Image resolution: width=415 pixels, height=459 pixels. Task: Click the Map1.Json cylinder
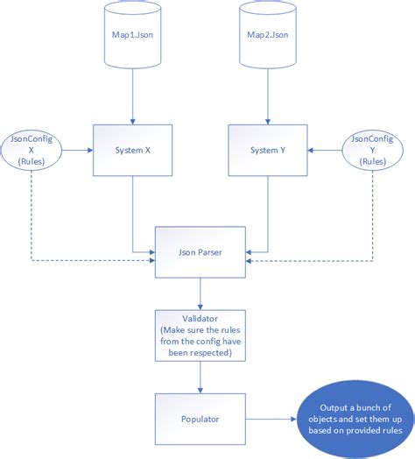click(132, 35)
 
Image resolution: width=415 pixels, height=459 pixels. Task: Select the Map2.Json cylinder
click(268, 35)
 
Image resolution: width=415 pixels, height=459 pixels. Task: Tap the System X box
click(132, 150)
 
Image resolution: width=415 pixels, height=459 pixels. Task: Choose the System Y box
click(268, 150)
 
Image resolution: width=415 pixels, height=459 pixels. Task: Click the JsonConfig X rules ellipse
click(32, 150)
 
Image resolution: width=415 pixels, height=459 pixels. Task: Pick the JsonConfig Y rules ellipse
click(373, 150)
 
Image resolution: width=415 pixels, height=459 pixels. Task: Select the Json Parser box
click(200, 252)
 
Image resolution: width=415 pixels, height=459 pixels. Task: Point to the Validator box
click(200, 335)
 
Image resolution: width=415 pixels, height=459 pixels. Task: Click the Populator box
click(200, 419)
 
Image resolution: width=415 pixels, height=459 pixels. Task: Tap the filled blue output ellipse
click(355, 420)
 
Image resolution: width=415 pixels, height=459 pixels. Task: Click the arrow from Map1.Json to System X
click(132, 96)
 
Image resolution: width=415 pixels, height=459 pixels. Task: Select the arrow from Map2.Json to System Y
click(268, 96)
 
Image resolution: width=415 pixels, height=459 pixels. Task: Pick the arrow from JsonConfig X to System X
click(78, 150)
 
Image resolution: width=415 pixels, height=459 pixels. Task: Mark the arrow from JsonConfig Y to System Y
click(325, 150)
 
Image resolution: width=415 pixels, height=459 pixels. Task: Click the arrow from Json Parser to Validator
click(200, 293)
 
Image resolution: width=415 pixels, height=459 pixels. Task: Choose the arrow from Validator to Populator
click(200, 378)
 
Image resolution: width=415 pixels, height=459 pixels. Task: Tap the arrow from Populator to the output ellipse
click(271, 419)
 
